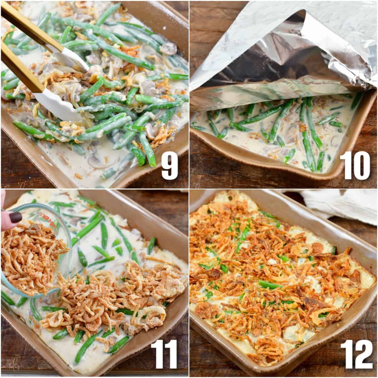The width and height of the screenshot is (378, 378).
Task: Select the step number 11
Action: coord(164,355)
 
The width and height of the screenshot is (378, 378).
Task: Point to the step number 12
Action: coord(357,355)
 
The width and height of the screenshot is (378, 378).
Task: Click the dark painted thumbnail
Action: coord(15,217)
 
